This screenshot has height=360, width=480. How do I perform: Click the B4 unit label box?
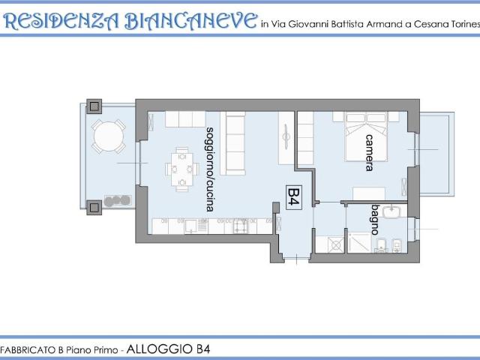294,197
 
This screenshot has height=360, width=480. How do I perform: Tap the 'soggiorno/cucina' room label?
210,169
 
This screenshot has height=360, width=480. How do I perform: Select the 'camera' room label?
370,152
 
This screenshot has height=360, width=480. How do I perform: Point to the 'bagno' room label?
375,220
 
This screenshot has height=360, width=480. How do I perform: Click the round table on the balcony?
109,136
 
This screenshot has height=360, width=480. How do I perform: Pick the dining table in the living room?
182,169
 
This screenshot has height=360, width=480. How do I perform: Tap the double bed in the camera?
366,136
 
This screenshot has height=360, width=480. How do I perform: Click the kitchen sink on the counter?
190,226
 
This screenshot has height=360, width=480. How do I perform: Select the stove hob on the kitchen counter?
241,226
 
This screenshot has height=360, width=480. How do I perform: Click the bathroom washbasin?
391,211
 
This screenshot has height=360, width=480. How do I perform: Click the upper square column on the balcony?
94,106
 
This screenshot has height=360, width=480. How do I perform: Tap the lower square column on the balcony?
94,208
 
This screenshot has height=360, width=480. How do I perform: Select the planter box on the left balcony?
118,201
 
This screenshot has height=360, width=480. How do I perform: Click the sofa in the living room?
232,143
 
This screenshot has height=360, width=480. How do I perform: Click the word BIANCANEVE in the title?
191,21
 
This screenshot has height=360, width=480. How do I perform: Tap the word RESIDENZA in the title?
61,22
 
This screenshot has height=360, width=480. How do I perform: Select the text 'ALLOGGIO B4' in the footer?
168,349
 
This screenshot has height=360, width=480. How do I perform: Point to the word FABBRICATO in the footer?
27,350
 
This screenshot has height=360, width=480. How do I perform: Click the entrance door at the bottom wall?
297,259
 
